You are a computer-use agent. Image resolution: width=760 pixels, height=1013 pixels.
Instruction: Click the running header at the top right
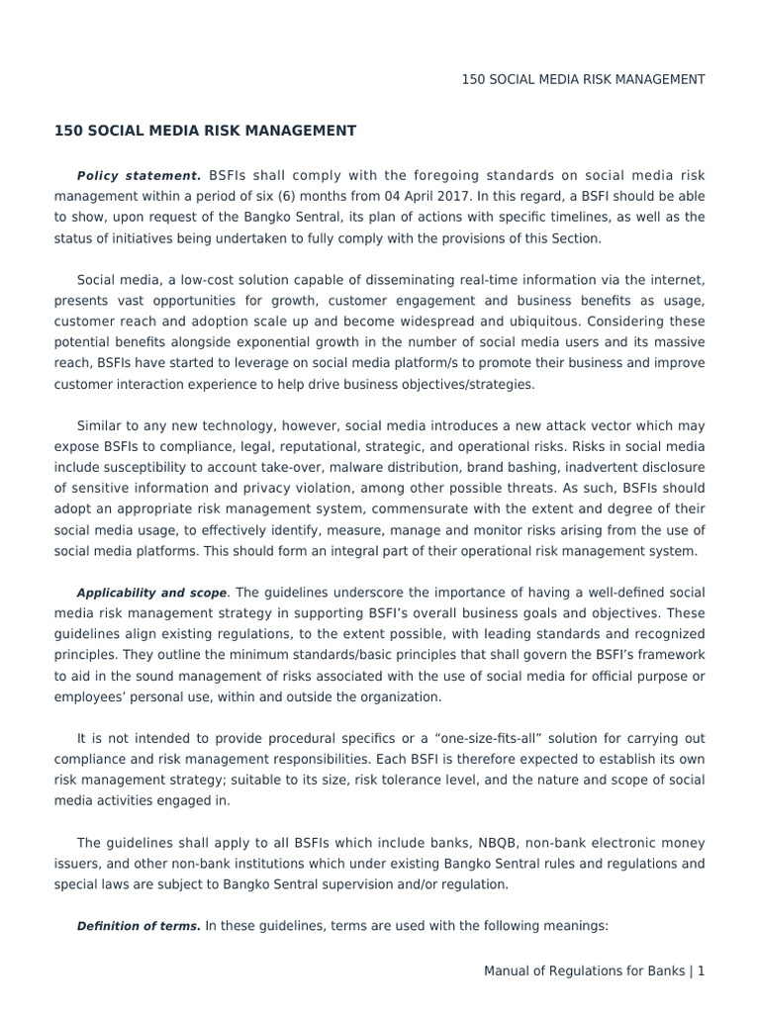pyautogui.click(x=583, y=79)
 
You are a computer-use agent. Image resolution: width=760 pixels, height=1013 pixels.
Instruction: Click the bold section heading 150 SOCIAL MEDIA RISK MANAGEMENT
pyautogui.click(x=205, y=130)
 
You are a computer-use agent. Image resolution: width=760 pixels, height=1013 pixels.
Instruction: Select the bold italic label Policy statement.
pyautogui.click(x=139, y=175)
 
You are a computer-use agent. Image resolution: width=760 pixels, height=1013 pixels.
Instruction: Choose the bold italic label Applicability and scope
pyautogui.click(x=151, y=594)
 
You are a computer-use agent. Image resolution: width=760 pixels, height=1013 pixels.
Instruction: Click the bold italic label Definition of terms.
pyautogui.click(x=139, y=927)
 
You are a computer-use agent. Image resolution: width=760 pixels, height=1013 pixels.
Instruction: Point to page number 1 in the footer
pyautogui.click(x=701, y=971)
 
